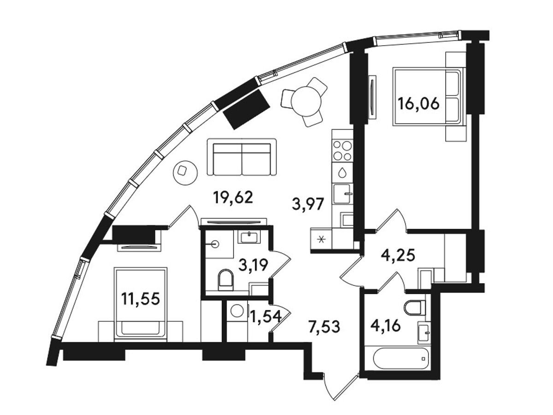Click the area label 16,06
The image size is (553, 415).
(418, 104)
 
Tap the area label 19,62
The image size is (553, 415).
(233, 197)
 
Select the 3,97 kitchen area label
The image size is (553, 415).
(307, 204)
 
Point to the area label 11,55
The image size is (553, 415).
(141, 299)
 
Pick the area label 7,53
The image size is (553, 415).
(324, 326)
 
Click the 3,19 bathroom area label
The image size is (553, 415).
(253, 265)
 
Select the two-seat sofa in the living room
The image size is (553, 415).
(241, 157)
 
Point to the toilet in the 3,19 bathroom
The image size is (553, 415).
(226, 280)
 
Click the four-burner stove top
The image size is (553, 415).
(342, 150)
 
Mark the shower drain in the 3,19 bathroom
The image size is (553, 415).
(214, 244)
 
